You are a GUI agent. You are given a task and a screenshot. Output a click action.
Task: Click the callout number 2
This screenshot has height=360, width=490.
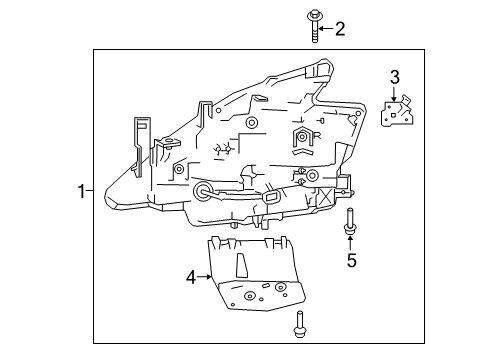(339, 29)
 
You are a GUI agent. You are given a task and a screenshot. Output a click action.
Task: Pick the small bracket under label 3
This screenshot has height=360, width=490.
(398, 113)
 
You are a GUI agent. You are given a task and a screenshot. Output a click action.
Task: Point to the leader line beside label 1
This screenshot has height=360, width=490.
(93, 189)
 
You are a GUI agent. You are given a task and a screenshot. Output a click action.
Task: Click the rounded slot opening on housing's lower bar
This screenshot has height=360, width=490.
(271, 200)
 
